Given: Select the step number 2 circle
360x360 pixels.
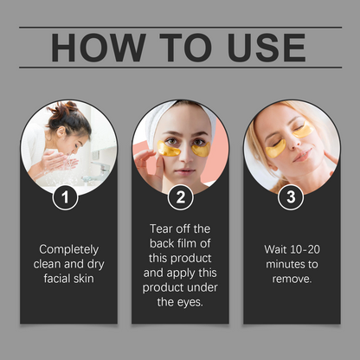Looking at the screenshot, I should pyautogui.click(x=179, y=197).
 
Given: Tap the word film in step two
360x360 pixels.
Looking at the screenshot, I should pyautogui.click(x=203, y=244).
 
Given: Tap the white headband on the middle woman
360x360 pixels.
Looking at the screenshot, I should pyautogui.click(x=180, y=111).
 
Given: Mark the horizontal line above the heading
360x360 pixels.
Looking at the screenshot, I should pyautogui.click(x=180, y=27).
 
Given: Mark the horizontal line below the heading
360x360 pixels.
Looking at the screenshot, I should pyautogui.click(x=180, y=67).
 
